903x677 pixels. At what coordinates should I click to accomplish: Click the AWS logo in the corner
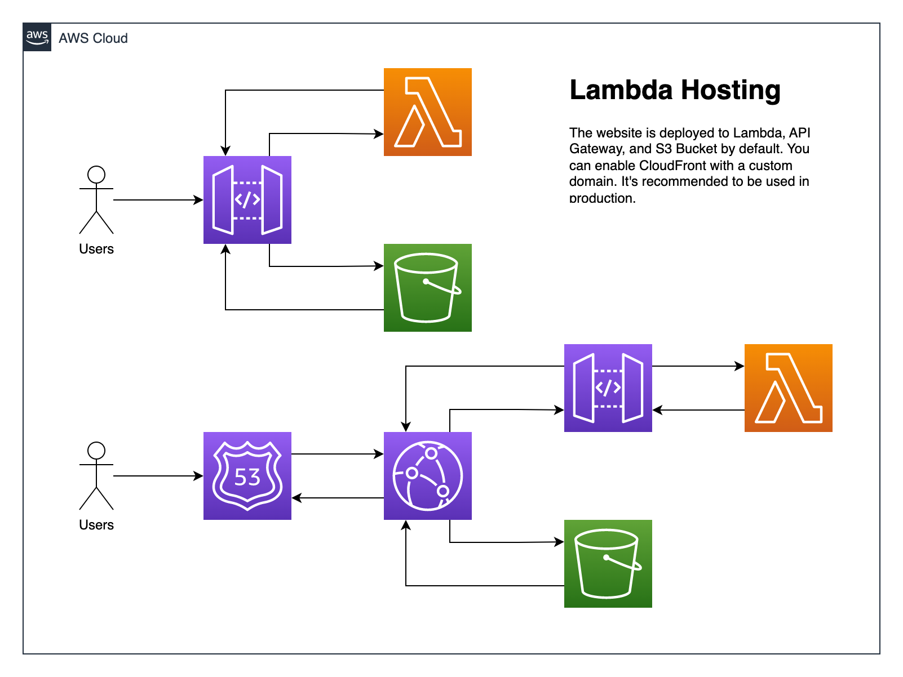[x=37, y=37]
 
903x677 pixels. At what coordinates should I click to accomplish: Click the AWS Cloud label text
[x=93, y=38]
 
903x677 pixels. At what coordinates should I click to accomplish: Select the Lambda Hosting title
[x=675, y=90]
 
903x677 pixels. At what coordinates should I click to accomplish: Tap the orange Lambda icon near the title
[x=427, y=112]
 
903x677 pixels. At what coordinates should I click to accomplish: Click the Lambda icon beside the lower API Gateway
[x=788, y=388]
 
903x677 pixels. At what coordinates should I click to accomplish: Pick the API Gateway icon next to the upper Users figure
[x=247, y=200]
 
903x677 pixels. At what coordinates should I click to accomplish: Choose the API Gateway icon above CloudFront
[x=608, y=388]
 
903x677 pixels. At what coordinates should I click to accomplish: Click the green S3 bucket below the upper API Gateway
[x=427, y=288]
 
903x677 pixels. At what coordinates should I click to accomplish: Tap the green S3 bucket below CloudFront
[x=608, y=564]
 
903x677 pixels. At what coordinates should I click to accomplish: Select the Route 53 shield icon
[x=247, y=476]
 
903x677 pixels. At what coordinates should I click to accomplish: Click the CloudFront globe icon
[x=427, y=476]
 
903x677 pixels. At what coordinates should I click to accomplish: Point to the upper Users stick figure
[x=96, y=199]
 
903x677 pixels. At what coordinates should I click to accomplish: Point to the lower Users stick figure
[x=96, y=475]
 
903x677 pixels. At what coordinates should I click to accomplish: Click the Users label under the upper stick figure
[x=96, y=249]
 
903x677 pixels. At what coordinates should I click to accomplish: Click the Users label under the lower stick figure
[x=96, y=525]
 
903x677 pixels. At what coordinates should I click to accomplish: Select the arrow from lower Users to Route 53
[x=158, y=476]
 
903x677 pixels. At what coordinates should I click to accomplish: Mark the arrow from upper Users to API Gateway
[x=158, y=200]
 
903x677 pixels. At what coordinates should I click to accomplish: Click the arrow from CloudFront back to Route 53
[x=338, y=498]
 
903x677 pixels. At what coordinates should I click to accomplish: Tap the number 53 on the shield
[x=247, y=478]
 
